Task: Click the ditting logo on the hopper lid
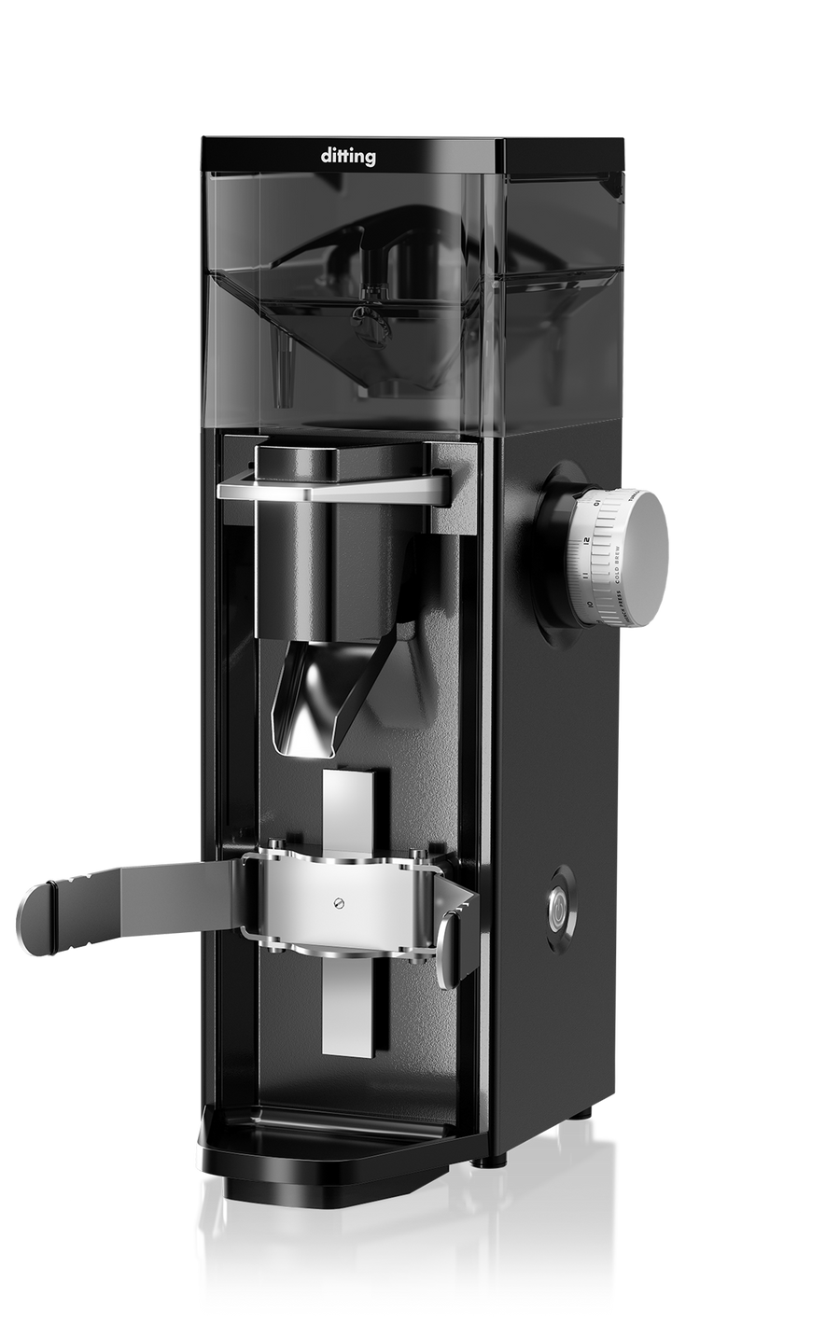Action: [349, 157]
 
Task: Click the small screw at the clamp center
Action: [338, 901]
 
